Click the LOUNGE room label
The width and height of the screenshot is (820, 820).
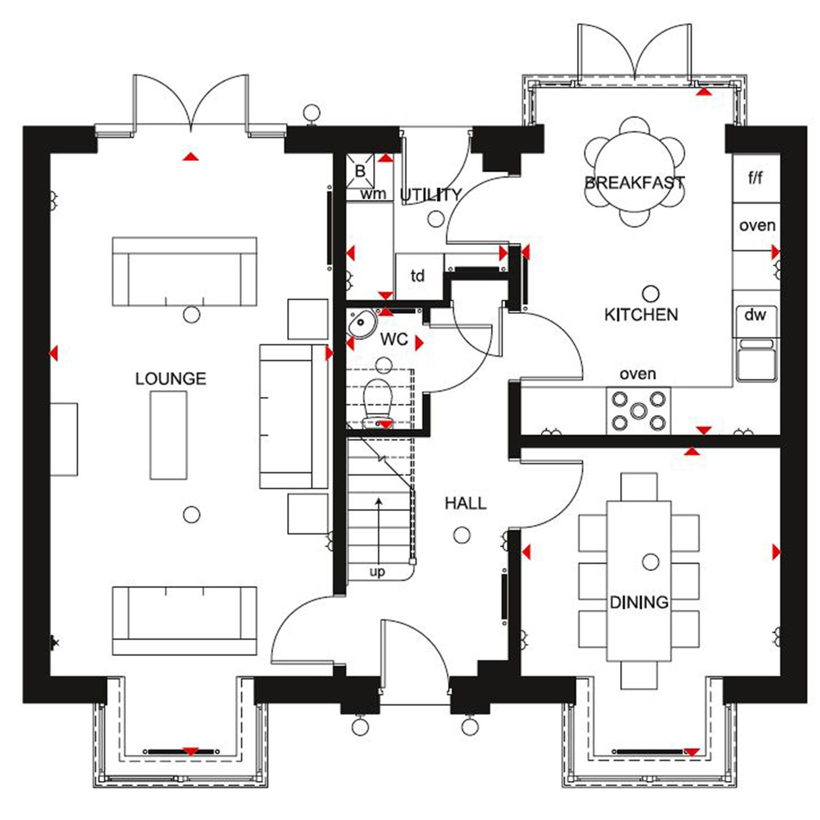point(171,378)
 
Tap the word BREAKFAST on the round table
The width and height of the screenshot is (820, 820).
point(635,183)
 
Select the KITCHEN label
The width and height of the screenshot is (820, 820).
point(641,314)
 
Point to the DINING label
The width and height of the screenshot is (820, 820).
point(639,602)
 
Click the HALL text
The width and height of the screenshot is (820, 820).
point(466,503)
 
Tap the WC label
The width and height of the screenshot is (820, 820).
point(394,339)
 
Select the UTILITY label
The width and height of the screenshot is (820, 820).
point(431,195)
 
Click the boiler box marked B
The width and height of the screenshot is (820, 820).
point(360,171)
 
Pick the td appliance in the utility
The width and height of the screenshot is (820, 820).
point(418,276)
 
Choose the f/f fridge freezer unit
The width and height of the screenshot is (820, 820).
point(756,178)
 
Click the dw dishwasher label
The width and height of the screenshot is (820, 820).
point(756,314)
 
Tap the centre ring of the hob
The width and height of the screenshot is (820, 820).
point(638,410)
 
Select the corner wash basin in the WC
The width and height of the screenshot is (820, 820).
point(362,323)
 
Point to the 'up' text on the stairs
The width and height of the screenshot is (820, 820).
point(377,572)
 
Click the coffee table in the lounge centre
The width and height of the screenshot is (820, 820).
point(169,435)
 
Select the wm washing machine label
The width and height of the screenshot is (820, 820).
point(373,194)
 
